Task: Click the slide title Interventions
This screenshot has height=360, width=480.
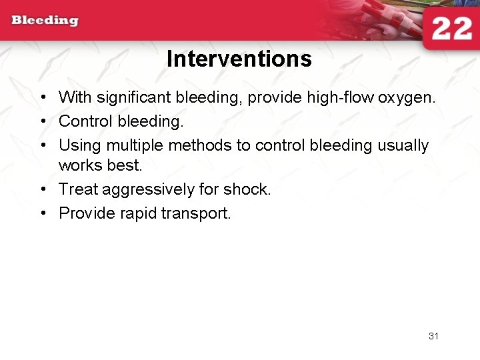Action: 239,59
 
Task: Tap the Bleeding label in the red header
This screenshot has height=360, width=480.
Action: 45,20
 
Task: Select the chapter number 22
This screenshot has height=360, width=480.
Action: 451,30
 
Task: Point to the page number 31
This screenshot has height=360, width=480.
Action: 433,336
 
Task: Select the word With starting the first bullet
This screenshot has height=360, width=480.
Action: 75,98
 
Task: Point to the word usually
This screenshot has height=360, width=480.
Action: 402,145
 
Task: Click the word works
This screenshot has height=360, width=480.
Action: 78,164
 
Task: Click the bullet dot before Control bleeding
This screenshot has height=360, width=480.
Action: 42,122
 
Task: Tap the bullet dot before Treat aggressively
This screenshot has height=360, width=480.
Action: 42,190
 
